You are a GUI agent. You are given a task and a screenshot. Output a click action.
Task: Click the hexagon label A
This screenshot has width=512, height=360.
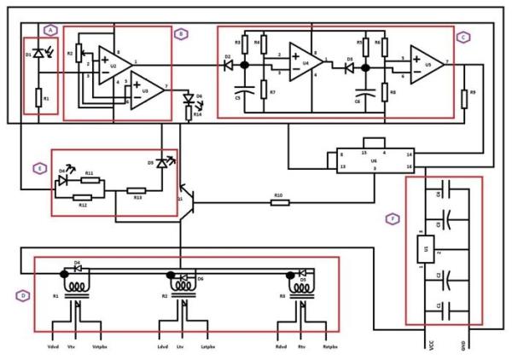(x=50, y=28)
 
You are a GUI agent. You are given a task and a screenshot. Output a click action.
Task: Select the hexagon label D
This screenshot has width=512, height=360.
(x=21, y=296)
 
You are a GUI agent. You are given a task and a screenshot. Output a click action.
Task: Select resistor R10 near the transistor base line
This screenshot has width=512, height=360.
(x=279, y=203)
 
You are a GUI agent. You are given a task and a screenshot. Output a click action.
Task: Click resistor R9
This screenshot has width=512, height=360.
(x=463, y=99)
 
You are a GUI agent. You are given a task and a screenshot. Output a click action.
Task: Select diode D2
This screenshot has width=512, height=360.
(x=229, y=64)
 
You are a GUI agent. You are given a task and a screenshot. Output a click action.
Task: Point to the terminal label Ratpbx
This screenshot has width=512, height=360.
(x=331, y=348)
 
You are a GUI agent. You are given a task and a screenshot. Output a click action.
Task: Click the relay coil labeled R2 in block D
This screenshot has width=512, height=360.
(x=181, y=297)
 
